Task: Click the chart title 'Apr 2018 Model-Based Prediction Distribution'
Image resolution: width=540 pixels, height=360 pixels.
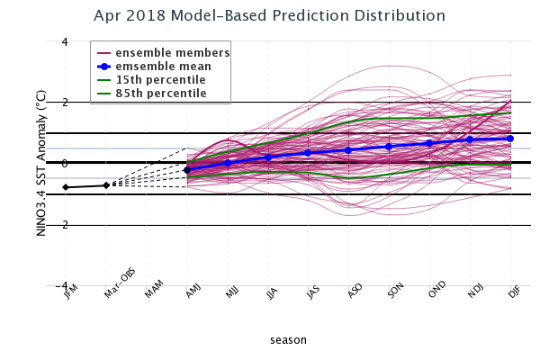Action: coord(269,16)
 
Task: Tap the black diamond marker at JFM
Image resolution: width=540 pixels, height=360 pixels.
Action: coord(66,187)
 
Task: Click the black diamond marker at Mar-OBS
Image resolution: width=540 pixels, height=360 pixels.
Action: coord(106,185)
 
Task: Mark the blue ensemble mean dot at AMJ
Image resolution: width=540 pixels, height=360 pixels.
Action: coord(187,170)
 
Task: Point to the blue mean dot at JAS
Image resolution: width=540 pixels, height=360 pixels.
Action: coord(309,153)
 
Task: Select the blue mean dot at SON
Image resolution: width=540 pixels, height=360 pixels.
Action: coord(389,147)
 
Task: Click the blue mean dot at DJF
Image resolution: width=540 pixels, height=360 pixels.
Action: coord(510,139)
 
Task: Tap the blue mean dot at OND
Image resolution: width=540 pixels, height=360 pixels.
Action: coord(429,143)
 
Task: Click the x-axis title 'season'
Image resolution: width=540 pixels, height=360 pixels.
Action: coord(288,340)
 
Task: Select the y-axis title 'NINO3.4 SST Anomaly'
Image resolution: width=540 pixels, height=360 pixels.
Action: coord(40,162)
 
